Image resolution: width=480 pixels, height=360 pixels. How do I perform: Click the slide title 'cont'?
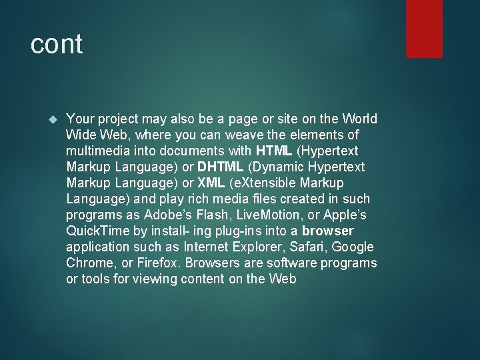tap(57, 45)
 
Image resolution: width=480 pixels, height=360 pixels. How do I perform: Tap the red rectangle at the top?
tap(424, 29)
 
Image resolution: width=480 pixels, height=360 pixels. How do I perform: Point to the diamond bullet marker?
tap(54, 119)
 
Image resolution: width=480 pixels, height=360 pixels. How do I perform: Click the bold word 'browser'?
tap(328, 231)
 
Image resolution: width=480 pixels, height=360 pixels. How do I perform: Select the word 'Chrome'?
tap(88, 263)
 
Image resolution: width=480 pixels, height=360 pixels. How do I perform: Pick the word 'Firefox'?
tap(157, 263)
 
